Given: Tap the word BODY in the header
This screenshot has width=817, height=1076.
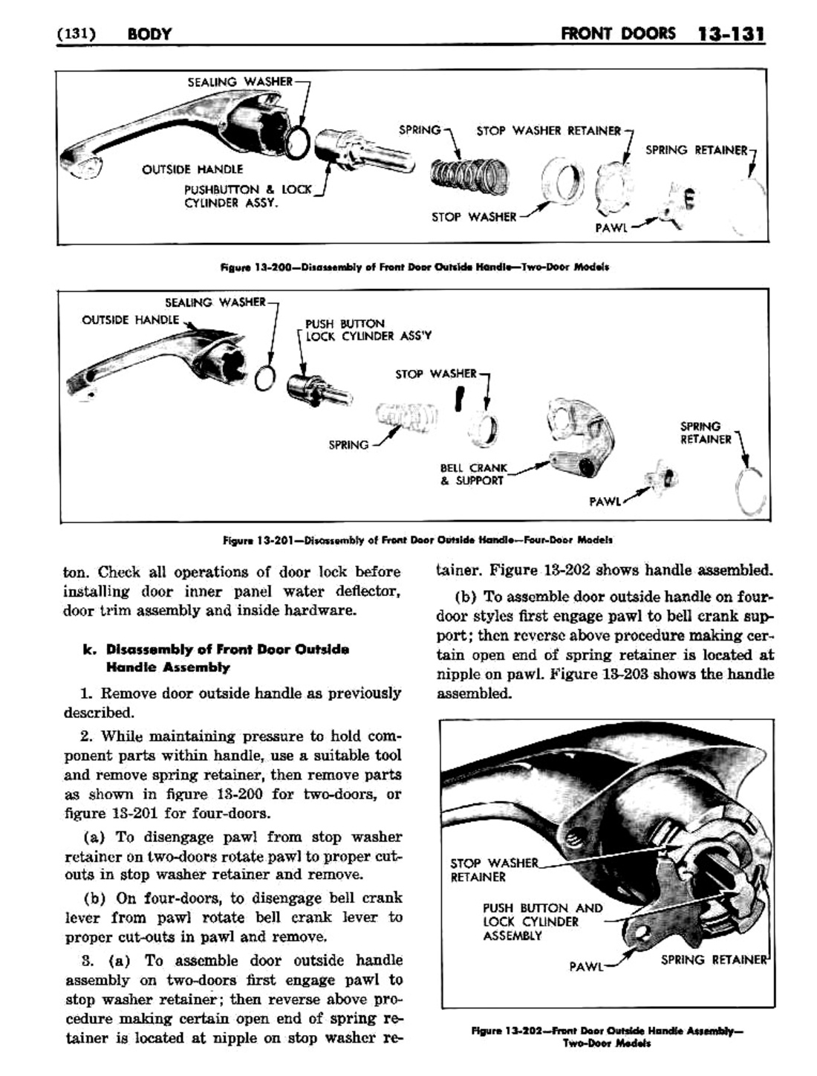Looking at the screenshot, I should point(149,34).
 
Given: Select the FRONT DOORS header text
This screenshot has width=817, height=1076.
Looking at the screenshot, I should point(619,33).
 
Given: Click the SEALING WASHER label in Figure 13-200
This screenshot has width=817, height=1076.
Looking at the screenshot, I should point(239,81).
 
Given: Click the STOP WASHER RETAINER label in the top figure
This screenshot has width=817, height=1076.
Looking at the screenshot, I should point(548,132).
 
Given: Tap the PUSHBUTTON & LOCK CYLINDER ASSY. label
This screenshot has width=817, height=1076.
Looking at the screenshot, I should point(247,196).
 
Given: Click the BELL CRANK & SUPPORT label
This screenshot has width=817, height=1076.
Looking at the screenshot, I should point(473,474).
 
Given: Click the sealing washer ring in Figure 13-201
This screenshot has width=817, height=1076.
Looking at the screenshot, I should point(264,378).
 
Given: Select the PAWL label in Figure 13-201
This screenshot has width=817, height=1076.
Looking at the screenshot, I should point(605,502).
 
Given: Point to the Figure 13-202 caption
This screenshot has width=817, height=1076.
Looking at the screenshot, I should point(607,1037).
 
